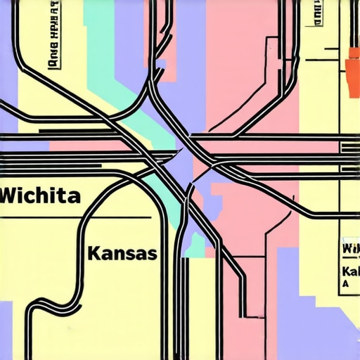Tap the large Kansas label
(122, 253)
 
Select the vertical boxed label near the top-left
(53, 46)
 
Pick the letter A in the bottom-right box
(345, 284)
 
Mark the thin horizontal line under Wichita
(77, 218)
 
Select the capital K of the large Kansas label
(94, 253)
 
